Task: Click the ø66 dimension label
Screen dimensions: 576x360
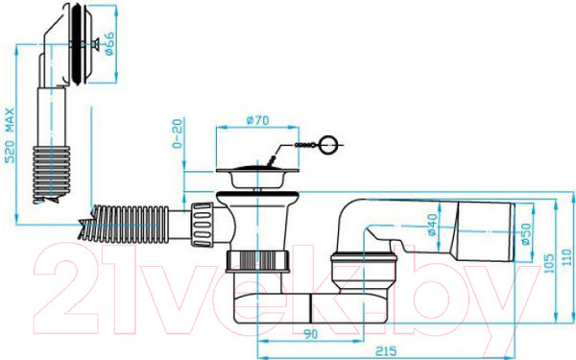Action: click(x=109, y=44)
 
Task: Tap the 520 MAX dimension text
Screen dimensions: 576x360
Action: click(x=10, y=135)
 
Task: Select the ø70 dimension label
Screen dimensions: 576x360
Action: click(x=257, y=120)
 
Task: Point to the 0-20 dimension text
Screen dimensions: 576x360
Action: click(x=177, y=133)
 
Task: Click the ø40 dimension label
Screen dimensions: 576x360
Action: click(x=432, y=225)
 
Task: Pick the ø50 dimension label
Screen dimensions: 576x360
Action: click(x=526, y=233)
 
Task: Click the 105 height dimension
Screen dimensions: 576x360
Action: click(x=549, y=263)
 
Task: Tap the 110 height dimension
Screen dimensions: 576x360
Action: click(x=567, y=257)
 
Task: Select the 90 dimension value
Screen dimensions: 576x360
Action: click(x=310, y=334)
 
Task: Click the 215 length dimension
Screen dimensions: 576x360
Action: click(x=386, y=350)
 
